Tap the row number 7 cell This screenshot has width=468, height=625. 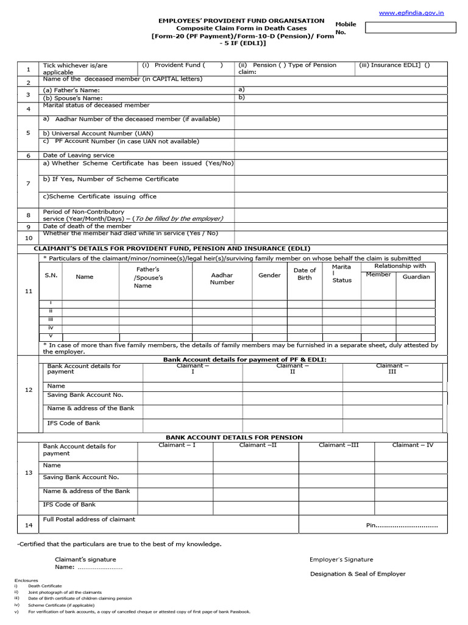[28, 183]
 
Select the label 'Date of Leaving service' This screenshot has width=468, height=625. [79, 156]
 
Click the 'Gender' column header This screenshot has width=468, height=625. [269, 275]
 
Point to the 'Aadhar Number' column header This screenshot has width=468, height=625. [222, 279]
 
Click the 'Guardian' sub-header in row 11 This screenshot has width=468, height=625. [416, 276]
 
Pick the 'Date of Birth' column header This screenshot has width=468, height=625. [305, 274]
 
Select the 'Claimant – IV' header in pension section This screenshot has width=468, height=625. [413, 445]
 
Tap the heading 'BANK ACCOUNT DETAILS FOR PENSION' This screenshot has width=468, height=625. [234, 438]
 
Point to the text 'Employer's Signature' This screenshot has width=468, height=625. [341, 559]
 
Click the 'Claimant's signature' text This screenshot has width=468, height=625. [85, 559]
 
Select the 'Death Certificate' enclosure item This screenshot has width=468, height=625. [44, 586]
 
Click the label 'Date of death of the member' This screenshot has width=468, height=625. [87, 226]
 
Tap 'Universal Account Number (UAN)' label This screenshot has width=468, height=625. [98, 133]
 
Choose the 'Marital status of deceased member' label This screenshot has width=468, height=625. [96, 106]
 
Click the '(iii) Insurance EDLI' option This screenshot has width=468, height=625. [394, 65]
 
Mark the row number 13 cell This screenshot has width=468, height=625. [28, 473]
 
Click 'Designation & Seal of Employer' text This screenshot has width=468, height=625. [358, 574]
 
